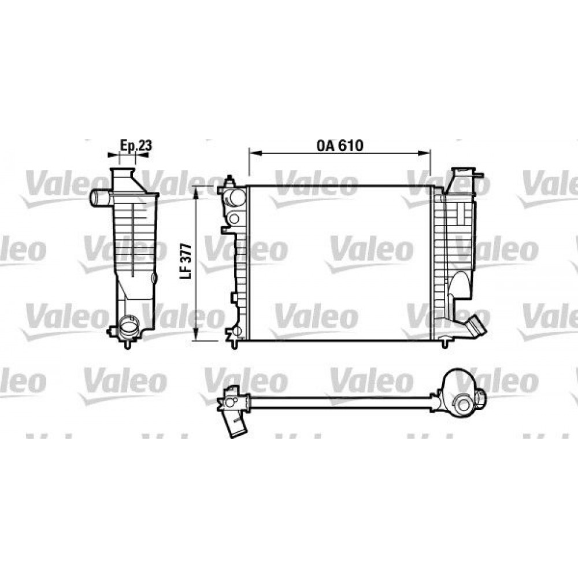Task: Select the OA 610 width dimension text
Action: (339, 146)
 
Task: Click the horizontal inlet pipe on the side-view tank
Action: (99, 198)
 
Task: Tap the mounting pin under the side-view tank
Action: (127, 344)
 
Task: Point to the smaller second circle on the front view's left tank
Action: (234, 218)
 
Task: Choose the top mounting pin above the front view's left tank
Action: (229, 179)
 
